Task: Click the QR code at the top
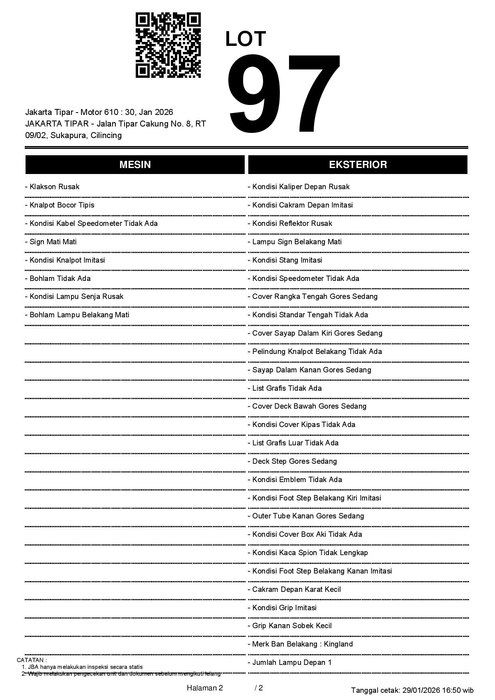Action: click(x=168, y=45)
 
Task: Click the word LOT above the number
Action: click(x=246, y=39)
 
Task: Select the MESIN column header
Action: click(x=135, y=164)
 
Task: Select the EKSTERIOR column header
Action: click(x=358, y=164)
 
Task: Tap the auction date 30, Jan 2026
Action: click(x=149, y=112)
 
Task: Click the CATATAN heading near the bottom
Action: click(x=32, y=660)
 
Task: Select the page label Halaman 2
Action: click(x=205, y=688)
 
